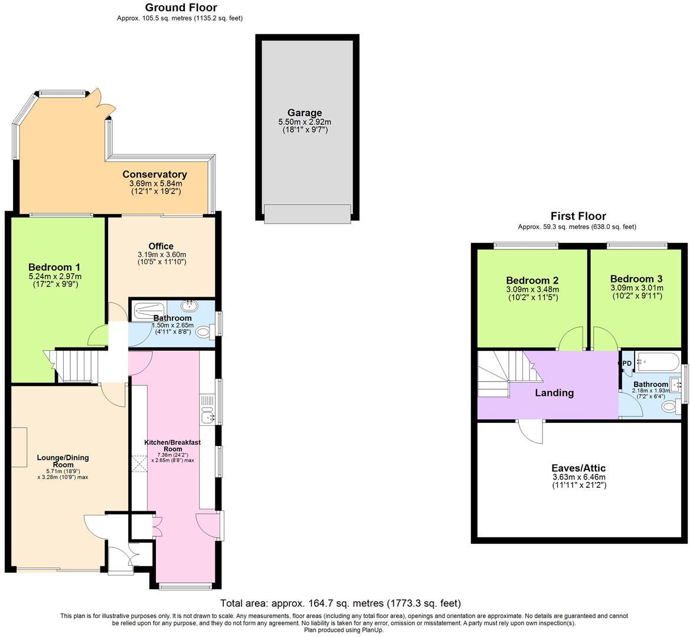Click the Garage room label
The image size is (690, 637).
[305, 113]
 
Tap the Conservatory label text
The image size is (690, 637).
[155, 175]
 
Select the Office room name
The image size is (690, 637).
[161, 246]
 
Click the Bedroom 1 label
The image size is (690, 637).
[54, 267]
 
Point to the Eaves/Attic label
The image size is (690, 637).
[578, 468]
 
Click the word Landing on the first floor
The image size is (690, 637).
[554, 393]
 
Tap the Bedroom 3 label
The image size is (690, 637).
[636, 279]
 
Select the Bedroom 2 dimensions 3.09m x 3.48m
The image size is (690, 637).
[532, 290]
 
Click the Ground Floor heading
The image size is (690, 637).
[181, 8]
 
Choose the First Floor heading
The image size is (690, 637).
[578, 216]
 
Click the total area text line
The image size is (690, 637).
[340, 603]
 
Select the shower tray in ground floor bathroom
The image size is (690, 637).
[148, 308]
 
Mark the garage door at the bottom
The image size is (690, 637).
[307, 213]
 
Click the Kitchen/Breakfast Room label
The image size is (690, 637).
[172, 445]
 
